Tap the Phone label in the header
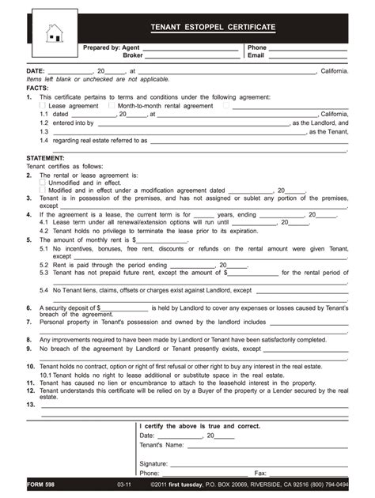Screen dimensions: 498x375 [x=257, y=47]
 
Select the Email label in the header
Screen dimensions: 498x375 [x=256, y=56]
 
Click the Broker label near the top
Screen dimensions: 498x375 [x=131, y=56]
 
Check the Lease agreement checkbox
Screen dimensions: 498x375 [x=43, y=104]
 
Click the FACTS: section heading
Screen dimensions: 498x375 [x=37, y=88]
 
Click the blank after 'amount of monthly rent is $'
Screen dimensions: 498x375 [x=161, y=239]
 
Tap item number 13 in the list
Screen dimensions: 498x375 [x=30, y=404]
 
